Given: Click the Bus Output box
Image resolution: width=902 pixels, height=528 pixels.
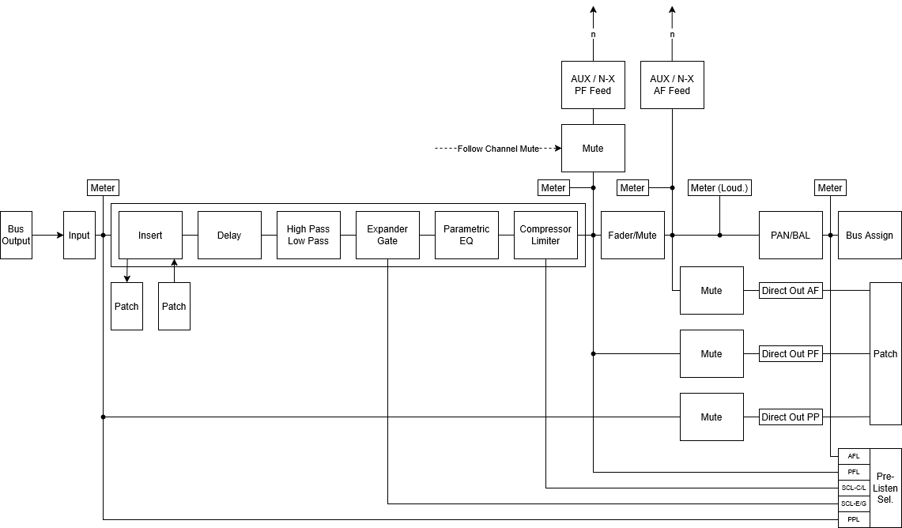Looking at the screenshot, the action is click(16, 236).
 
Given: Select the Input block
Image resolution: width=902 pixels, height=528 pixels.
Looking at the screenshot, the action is click(79, 236).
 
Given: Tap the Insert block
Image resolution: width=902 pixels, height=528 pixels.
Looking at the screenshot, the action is click(150, 236).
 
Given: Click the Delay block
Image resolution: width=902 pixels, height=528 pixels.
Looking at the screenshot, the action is click(229, 236).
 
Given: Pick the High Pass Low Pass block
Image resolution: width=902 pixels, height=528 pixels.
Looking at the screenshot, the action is click(308, 236).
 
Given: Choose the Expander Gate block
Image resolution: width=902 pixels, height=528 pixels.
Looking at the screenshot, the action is click(387, 236).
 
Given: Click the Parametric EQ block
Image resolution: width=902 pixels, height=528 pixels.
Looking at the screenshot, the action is click(466, 236).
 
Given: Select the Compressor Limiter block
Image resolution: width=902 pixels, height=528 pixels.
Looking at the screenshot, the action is click(545, 236).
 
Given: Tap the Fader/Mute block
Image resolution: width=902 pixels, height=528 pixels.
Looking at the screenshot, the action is click(632, 236).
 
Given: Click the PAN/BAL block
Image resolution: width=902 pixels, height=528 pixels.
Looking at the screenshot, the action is click(791, 236).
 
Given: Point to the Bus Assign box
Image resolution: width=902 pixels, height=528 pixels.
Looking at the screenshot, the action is click(870, 236).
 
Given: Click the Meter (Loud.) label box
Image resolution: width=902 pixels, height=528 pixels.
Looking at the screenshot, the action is click(719, 187).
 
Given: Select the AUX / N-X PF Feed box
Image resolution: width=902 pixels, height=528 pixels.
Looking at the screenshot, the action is click(593, 85).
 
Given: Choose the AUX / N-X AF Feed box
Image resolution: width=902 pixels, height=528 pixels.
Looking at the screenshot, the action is click(672, 85).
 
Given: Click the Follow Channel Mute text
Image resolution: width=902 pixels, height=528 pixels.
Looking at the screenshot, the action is click(498, 149).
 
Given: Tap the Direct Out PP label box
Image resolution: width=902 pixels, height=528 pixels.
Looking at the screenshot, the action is click(791, 417).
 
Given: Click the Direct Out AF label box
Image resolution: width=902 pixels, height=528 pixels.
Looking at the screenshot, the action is click(791, 290).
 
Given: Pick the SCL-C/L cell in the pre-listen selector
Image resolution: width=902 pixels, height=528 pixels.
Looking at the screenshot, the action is click(854, 488).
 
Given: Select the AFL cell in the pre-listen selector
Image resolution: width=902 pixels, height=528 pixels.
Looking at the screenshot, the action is click(854, 456).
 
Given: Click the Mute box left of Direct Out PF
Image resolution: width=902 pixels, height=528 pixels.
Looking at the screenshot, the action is click(711, 354).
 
